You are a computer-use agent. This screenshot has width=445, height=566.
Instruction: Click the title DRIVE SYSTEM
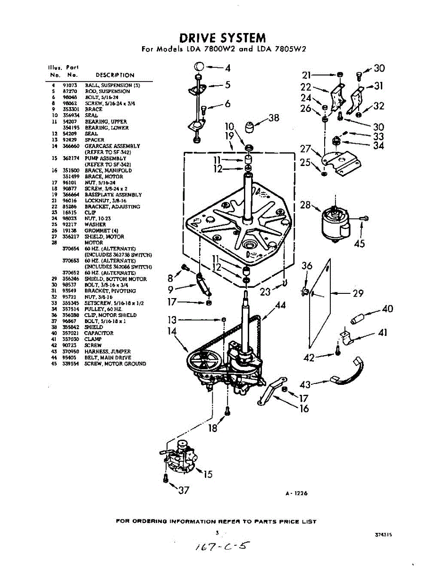[x=223, y=38]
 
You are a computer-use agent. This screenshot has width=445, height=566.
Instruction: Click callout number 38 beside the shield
[x=274, y=118]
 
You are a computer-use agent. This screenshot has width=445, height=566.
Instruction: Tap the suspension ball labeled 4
[x=199, y=66]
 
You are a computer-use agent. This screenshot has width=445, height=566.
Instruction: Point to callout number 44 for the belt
[x=280, y=305]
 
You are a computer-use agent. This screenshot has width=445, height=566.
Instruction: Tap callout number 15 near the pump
[x=208, y=474]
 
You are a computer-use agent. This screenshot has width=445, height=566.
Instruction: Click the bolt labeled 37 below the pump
[x=165, y=478]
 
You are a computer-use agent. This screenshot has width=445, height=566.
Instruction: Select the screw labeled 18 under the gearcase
[x=227, y=411]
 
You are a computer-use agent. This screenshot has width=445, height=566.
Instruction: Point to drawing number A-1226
[x=296, y=493]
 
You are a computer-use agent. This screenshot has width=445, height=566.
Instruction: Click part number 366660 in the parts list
[x=70, y=146]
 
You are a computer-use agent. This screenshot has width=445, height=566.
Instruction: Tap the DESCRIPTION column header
[x=115, y=75]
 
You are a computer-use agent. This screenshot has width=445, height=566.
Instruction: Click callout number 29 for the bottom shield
[x=358, y=293]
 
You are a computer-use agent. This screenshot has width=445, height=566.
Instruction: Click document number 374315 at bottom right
[x=384, y=535]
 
